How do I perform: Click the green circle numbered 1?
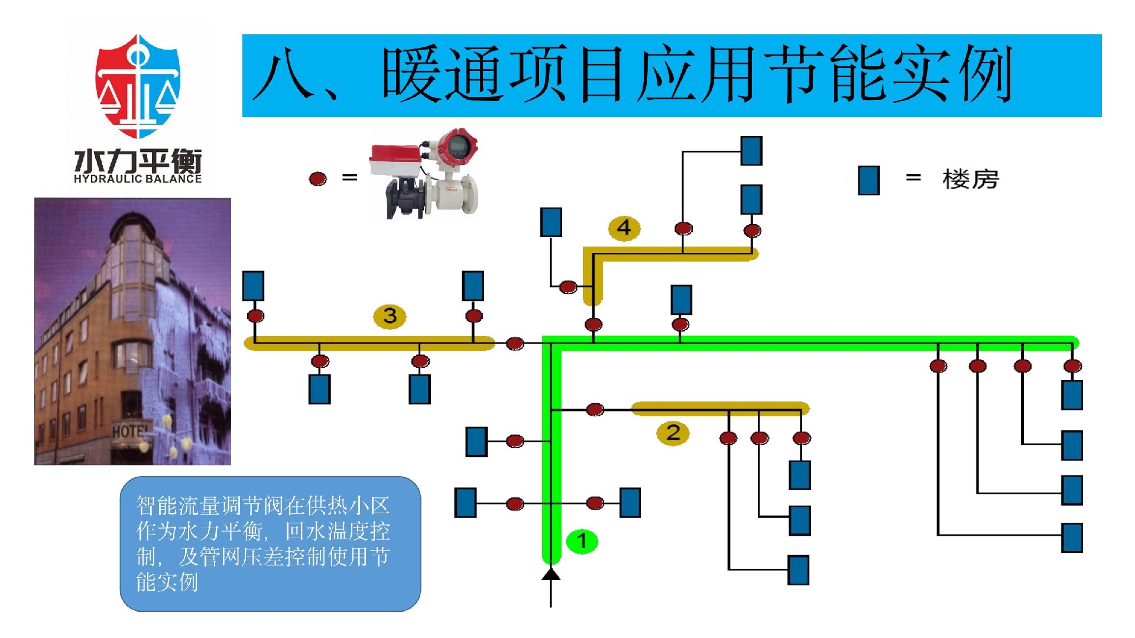[x=582, y=540]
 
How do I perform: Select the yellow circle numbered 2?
[x=673, y=433]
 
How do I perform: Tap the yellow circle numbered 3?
[x=390, y=316]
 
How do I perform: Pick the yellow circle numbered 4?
[x=624, y=228]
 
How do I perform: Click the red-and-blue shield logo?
[x=138, y=86]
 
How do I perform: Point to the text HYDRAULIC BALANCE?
[x=138, y=179]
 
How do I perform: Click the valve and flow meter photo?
[x=423, y=173]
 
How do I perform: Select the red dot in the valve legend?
[x=318, y=178]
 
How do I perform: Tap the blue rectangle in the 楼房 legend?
[x=868, y=180]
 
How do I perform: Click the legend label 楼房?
[x=970, y=179]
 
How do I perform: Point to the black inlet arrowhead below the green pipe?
[x=551, y=574]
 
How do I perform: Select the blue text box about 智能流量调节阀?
[x=270, y=543]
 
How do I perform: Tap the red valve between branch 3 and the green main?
[x=515, y=343]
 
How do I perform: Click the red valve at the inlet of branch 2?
[x=595, y=409]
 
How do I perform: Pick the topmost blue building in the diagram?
[x=751, y=150]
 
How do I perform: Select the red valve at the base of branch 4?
[x=593, y=324]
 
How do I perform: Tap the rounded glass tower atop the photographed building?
[x=134, y=248]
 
